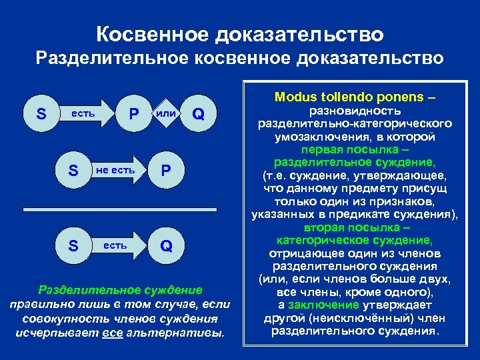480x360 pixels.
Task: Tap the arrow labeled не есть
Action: pyautogui.click(x=115, y=170)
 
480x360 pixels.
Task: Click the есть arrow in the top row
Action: pyautogui.click(x=84, y=113)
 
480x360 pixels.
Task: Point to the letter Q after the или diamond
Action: pyautogui.click(x=198, y=114)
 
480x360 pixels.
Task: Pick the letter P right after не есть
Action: pyautogui.click(x=166, y=171)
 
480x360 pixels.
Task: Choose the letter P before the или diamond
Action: pyautogui.click(x=134, y=113)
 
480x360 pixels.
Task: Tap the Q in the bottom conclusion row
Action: pyautogui.click(x=166, y=246)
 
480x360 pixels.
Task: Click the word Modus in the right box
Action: pyautogui.click(x=299, y=97)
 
